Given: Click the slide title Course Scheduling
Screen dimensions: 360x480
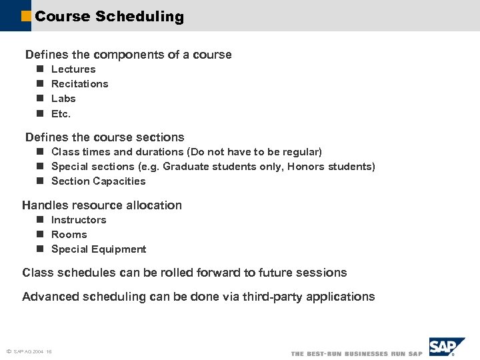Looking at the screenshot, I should pyautogui.click(x=109, y=17).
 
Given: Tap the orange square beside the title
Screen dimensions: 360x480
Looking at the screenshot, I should pyautogui.click(x=26, y=17).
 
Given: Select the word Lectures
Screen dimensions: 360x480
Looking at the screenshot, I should pyautogui.click(x=73, y=69).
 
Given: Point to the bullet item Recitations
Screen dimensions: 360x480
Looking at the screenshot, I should pyautogui.click(x=79, y=84).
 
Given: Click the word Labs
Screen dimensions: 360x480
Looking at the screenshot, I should pyautogui.click(x=63, y=99).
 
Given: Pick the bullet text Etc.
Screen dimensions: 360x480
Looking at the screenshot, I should pyautogui.click(x=61, y=113).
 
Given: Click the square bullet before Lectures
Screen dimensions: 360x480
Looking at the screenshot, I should pyautogui.click(x=40, y=69).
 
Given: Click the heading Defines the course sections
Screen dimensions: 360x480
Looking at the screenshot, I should pyautogui.click(x=105, y=137).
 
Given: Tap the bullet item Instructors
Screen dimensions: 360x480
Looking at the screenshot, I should pyautogui.click(x=79, y=220).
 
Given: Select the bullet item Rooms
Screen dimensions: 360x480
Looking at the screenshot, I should pyautogui.click(x=69, y=235).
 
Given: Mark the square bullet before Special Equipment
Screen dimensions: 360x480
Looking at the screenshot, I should pyautogui.click(x=40, y=249).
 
